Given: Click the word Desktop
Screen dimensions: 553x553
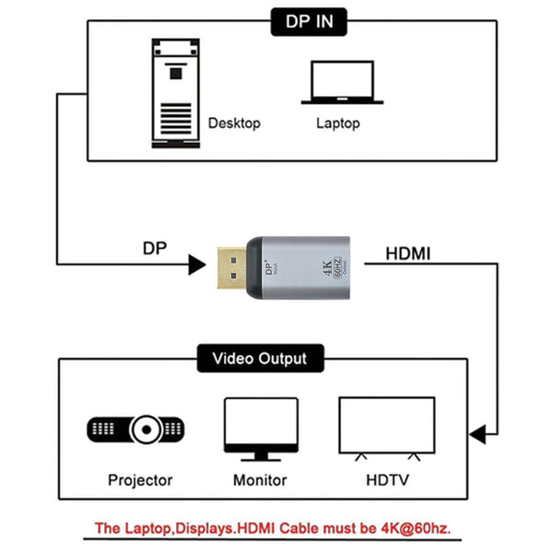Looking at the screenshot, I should [x=234, y=123].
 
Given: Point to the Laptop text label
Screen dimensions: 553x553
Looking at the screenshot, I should [x=337, y=123].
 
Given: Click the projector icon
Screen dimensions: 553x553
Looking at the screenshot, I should [x=138, y=429].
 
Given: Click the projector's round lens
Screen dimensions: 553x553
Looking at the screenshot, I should [x=148, y=429].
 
